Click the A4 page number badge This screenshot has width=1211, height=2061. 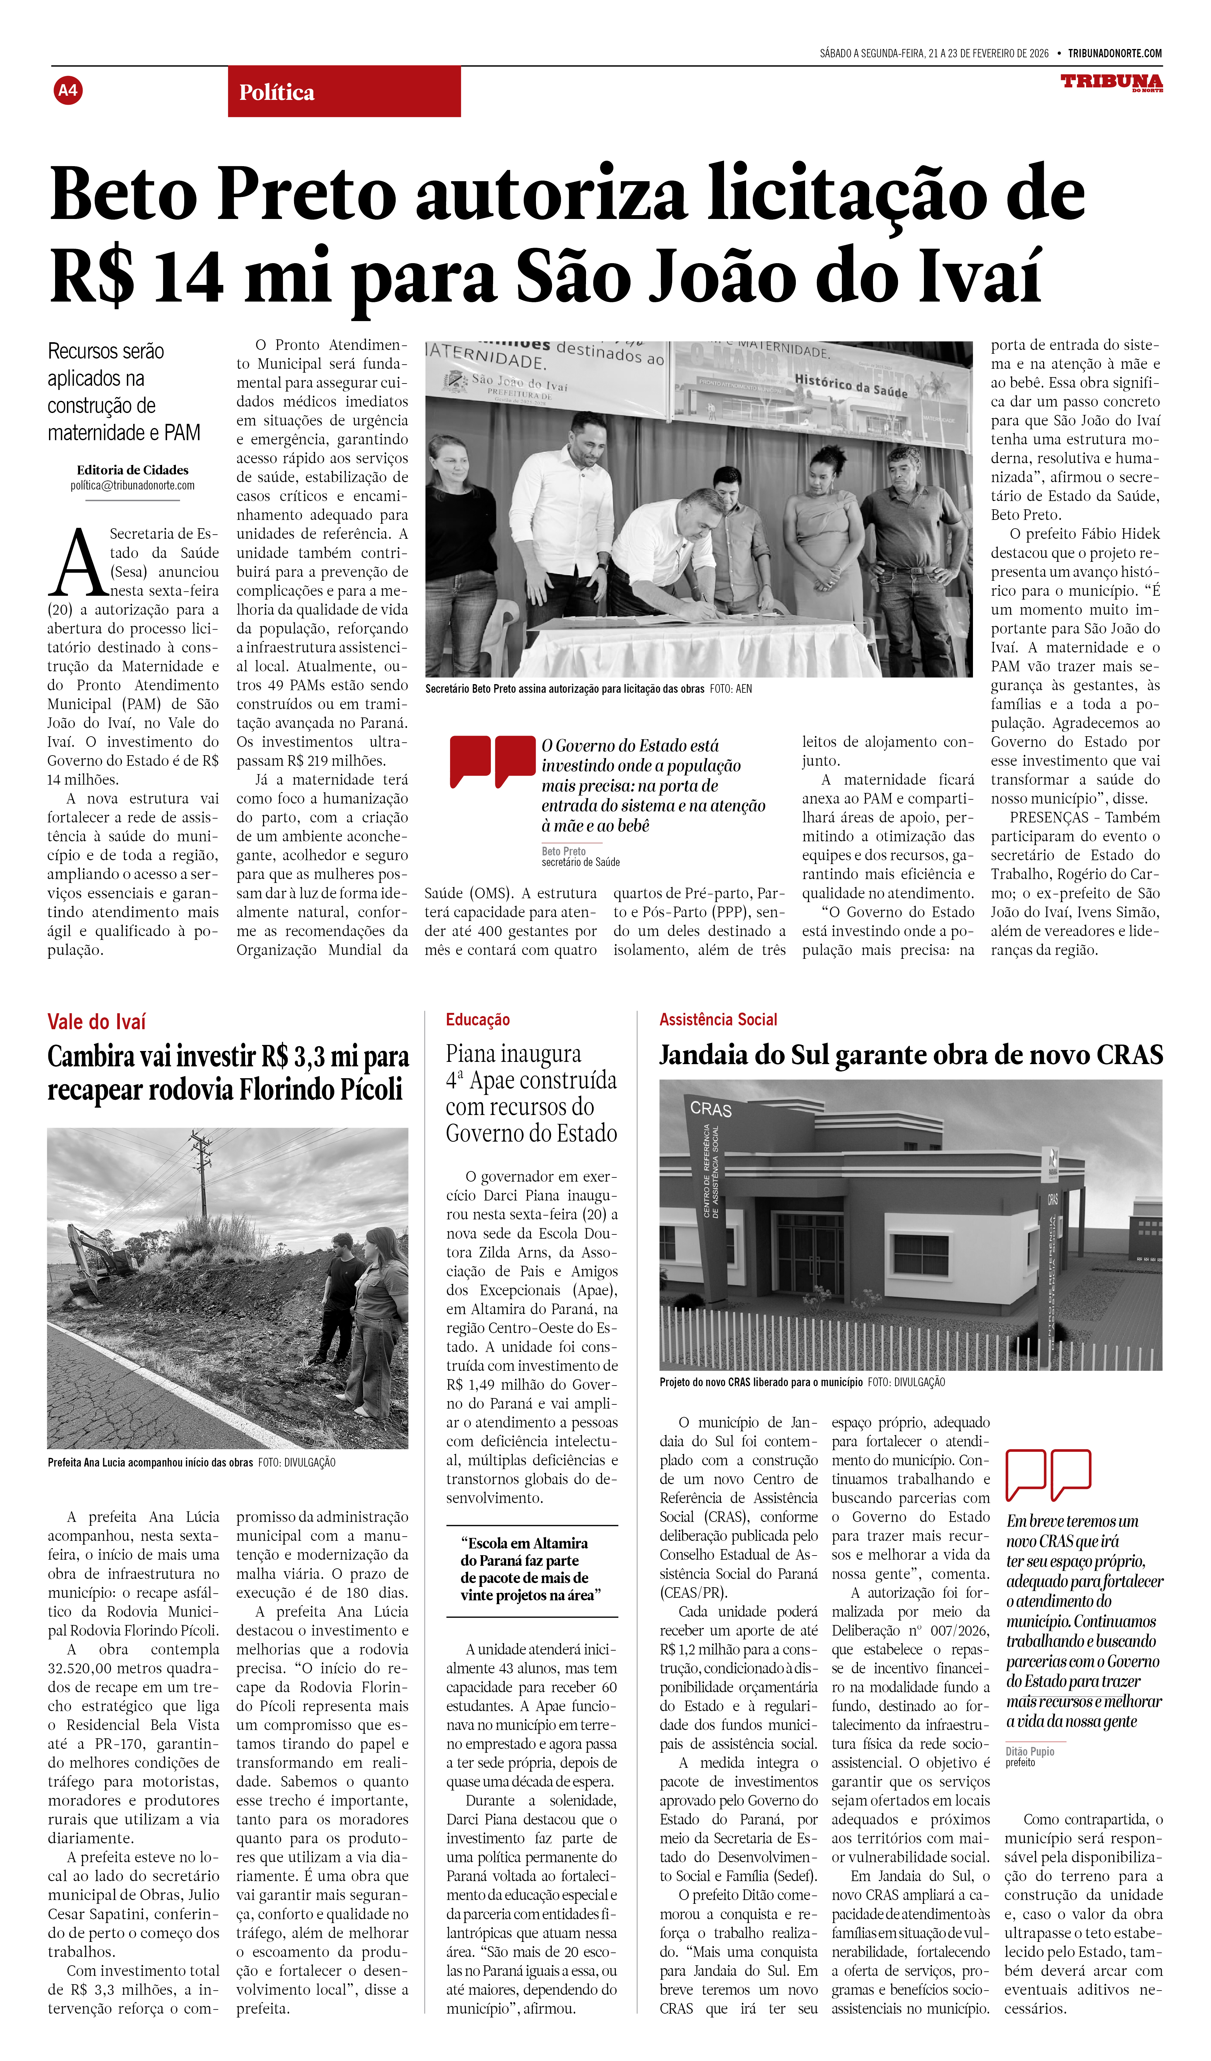68,90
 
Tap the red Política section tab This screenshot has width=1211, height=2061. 344,92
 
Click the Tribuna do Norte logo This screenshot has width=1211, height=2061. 1111,83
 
